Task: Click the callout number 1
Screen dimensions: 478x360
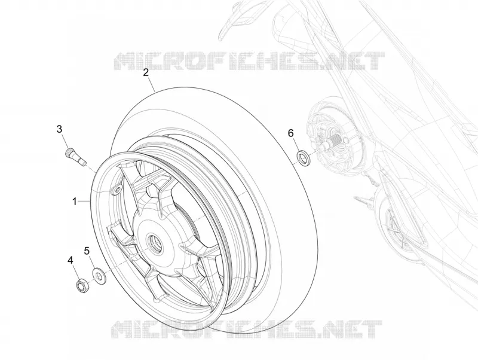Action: [74, 202]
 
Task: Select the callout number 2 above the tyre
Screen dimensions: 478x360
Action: [146, 72]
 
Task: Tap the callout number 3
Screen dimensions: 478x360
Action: [59, 129]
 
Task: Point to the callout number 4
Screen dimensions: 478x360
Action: [71, 260]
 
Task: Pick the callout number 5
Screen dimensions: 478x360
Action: [87, 251]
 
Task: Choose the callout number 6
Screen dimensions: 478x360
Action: [290, 133]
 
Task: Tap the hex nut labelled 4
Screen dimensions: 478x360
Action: [82, 286]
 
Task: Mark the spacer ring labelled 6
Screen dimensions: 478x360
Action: [304, 158]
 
